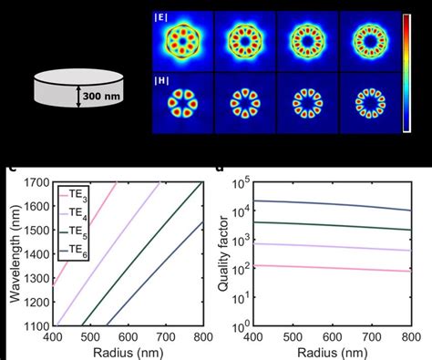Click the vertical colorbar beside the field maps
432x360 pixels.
(x=407, y=73)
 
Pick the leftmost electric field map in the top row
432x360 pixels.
(x=182, y=41)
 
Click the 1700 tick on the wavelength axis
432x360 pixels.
(x=36, y=182)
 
